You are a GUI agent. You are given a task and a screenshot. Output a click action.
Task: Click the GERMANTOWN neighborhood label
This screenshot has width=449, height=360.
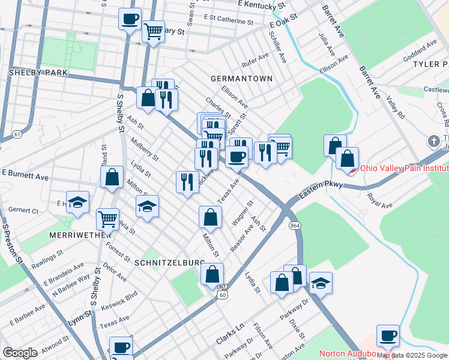241,79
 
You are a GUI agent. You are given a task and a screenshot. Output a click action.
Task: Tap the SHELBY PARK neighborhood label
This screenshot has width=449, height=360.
37,73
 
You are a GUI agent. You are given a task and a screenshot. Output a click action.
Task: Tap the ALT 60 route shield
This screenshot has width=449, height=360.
222,291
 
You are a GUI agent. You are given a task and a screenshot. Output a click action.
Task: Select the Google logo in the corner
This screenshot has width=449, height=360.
20,353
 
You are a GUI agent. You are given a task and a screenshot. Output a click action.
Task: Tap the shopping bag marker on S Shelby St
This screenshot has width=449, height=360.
112,177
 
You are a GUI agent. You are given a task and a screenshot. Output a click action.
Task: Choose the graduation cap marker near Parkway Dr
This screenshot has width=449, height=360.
321,282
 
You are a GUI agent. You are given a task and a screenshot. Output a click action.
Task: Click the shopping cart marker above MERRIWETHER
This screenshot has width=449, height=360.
107,218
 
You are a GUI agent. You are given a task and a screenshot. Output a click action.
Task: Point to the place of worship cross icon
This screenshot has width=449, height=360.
435,142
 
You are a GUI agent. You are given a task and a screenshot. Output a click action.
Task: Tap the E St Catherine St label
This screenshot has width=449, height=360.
228,20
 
